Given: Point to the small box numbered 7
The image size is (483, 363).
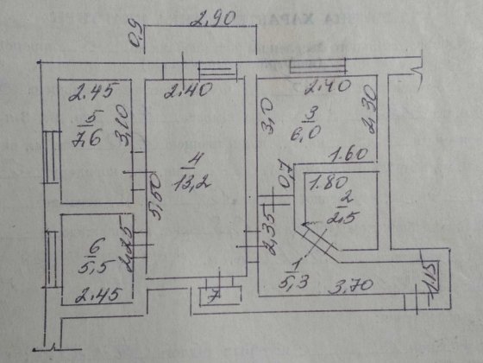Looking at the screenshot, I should tap(214, 296).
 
